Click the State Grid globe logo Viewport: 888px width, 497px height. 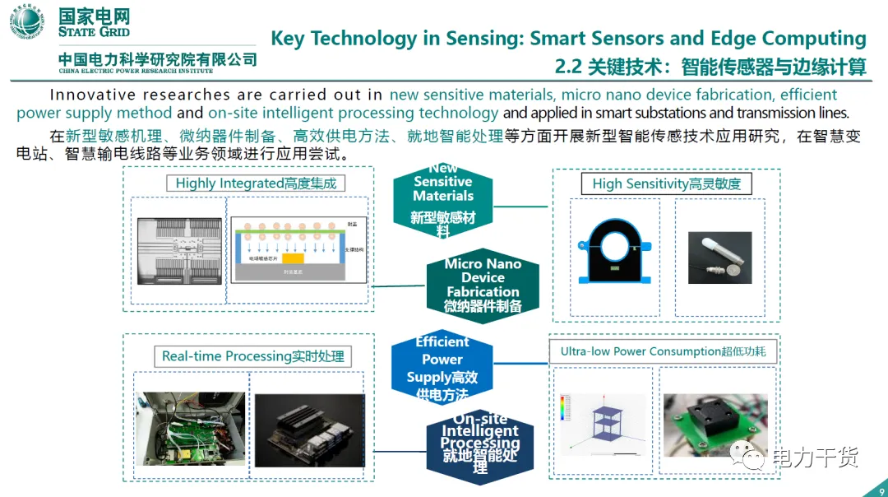(x=27, y=22)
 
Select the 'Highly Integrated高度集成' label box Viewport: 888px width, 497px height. (x=256, y=183)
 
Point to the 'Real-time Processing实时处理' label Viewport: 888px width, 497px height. (x=252, y=356)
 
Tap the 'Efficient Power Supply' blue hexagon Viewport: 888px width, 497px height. (x=442, y=368)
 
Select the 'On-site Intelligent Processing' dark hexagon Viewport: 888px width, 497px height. (x=480, y=445)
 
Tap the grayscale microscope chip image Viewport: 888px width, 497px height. (x=178, y=250)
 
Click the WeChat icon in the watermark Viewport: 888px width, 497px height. (x=753, y=454)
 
